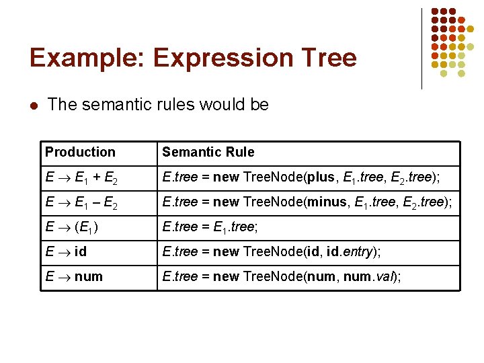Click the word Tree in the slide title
329,58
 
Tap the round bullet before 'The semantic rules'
33,106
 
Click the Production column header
80,153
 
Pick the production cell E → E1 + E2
83,178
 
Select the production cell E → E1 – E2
83,203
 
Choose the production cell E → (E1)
71,227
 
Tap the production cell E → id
67,252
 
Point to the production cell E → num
73,276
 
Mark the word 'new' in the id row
225,252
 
